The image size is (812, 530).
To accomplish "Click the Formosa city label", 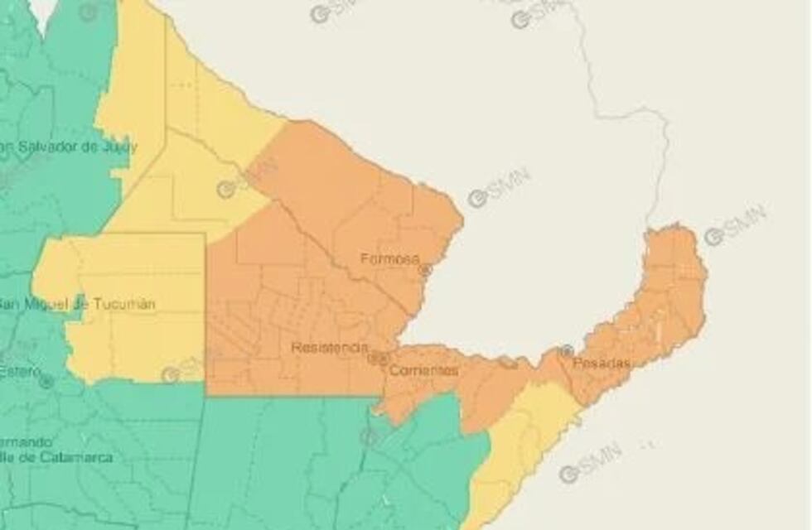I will click(x=389, y=259).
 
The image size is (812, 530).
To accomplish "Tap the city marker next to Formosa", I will click(x=425, y=270).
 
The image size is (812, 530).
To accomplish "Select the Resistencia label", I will click(x=329, y=348).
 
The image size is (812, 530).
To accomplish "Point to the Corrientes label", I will click(x=423, y=370).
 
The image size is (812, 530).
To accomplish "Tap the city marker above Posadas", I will click(x=567, y=350).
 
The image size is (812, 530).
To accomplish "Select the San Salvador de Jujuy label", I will click(x=70, y=147).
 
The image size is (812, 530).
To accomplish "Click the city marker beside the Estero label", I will click(x=46, y=382).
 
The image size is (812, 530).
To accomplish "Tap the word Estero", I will click(x=18, y=372).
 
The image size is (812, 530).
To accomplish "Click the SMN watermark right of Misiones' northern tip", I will click(x=735, y=225).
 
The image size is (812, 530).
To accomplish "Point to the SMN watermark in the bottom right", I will click(x=590, y=463).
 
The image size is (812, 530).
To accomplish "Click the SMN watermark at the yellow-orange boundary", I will click(x=248, y=178).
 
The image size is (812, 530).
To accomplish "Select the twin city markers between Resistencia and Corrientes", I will click(x=378, y=358).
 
